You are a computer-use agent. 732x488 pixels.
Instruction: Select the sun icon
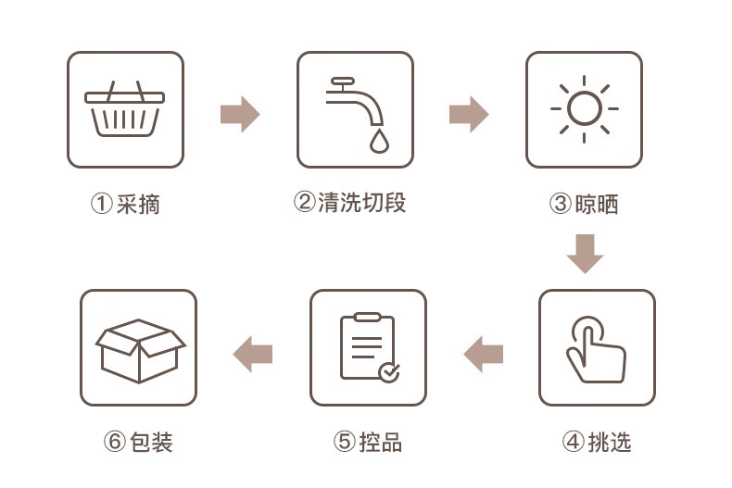click(584, 109)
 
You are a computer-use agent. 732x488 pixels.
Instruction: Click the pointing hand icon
click(596, 349)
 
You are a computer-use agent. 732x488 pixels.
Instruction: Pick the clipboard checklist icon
click(368, 347)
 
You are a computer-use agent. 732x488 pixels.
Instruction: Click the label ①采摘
click(125, 204)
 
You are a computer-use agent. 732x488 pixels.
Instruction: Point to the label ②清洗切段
click(349, 203)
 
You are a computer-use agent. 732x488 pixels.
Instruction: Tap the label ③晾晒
click(584, 204)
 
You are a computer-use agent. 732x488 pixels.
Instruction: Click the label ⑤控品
click(368, 442)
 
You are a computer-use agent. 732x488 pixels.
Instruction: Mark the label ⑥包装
click(138, 442)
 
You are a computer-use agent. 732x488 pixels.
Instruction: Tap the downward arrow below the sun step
click(585, 253)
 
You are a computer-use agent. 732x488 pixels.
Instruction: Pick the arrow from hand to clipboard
click(483, 353)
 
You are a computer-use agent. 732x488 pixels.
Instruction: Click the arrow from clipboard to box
click(253, 353)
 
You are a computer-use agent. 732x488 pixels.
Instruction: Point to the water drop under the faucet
click(379, 141)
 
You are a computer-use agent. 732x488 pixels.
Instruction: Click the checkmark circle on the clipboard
click(389, 371)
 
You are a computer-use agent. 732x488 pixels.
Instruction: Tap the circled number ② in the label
click(305, 203)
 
